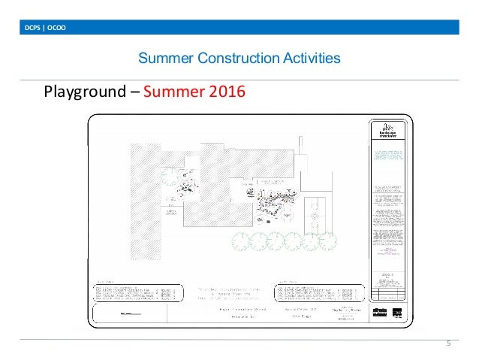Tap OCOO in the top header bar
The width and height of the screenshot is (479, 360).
tap(58, 29)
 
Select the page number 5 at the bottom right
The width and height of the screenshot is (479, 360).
tap(447, 344)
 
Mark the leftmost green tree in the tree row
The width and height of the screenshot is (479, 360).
tap(242, 241)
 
